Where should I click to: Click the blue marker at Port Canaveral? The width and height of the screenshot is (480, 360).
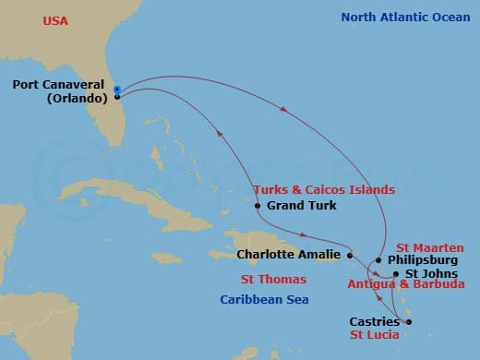tap(117, 90)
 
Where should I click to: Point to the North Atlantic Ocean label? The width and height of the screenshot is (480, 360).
tap(404, 18)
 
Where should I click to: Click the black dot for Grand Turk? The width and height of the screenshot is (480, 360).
tap(258, 206)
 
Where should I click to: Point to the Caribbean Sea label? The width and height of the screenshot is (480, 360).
tap(263, 300)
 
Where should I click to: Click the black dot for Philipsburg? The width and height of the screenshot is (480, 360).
tap(378, 260)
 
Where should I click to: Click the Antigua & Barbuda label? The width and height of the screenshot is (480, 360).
tap(405, 285)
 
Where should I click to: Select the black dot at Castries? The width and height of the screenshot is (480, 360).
tap(408, 322)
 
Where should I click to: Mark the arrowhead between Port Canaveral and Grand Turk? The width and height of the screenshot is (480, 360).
tap(220, 135)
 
